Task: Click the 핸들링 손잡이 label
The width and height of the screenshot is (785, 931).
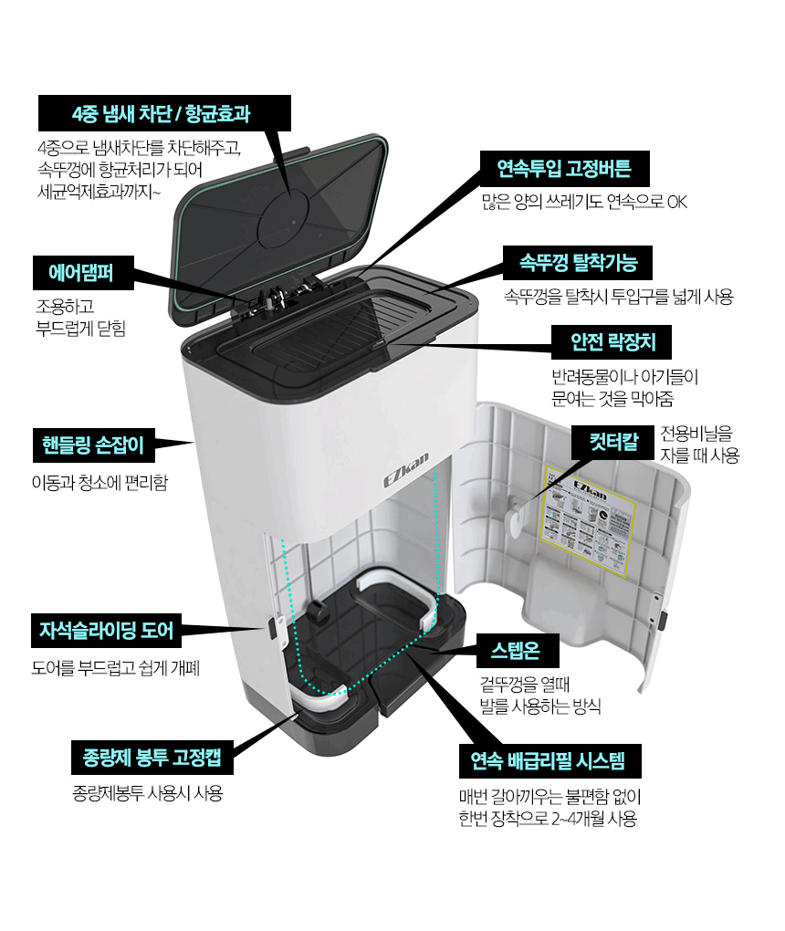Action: point(92,445)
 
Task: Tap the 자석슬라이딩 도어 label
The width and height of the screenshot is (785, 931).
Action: point(105,630)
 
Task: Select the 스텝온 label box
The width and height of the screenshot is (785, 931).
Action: point(515,651)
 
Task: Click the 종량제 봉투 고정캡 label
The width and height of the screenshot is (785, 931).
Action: point(152,758)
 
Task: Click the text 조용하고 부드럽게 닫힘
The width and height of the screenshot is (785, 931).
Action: point(78,316)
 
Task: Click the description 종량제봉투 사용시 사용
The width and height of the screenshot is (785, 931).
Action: point(147,793)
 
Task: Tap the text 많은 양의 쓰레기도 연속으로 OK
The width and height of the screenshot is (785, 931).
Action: point(583,201)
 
